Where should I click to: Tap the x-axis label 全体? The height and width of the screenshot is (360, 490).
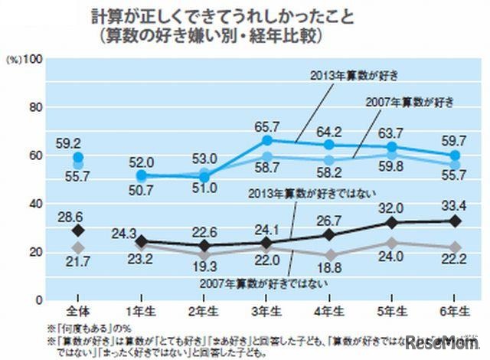point(77,312)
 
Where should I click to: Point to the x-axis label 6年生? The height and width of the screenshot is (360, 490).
point(456,312)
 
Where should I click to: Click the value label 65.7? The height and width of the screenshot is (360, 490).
point(273,123)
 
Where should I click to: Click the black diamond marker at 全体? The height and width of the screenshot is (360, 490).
point(77,230)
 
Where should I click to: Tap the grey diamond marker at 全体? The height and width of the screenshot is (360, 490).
point(77,247)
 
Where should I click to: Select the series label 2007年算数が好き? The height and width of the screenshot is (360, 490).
point(410,102)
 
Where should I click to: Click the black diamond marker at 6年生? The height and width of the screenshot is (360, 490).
point(456,221)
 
